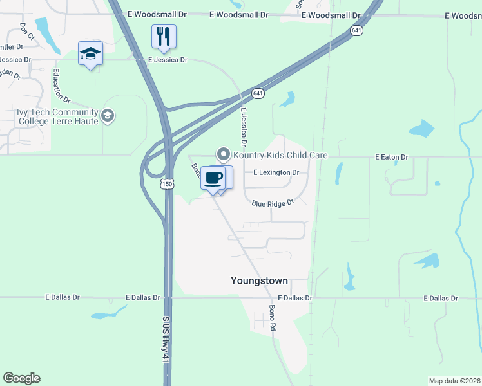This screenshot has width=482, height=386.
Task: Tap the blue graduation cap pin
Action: point(90,53)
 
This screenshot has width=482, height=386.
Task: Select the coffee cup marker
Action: point(213,178)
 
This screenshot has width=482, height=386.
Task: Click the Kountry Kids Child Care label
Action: point(280,155)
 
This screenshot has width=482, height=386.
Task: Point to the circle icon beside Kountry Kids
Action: point(224,154)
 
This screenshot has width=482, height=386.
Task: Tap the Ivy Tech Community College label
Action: point(57,116)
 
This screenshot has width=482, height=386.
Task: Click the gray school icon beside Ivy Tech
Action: point(108,116)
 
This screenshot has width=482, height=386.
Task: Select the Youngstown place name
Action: point(259,280)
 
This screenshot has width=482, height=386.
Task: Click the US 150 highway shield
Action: point(168,183)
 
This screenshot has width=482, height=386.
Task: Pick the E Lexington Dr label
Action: point(276,172)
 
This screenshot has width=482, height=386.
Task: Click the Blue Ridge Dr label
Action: point(273,203)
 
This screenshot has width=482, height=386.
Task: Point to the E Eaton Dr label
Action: point(392,157)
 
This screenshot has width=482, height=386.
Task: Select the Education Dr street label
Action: point(61,86)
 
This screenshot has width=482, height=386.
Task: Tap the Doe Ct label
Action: point(26,32)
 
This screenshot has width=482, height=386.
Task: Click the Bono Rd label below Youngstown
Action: point(273,321)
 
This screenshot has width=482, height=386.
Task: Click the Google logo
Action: point(21,378)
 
